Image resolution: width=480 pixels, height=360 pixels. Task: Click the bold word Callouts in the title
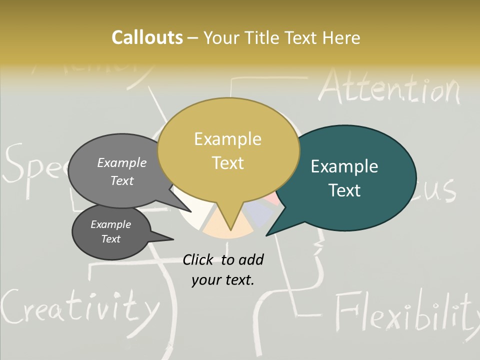147,37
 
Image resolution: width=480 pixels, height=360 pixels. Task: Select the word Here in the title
341,37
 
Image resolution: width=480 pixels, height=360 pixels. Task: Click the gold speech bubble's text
228,150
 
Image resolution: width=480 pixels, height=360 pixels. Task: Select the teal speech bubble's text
344,178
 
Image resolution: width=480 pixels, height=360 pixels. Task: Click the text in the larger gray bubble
122,171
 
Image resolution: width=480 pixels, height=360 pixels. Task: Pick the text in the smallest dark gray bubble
111,231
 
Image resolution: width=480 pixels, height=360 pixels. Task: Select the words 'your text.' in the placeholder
223,280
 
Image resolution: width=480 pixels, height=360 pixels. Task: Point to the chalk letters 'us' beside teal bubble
442,190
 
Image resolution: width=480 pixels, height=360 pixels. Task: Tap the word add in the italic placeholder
251,259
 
